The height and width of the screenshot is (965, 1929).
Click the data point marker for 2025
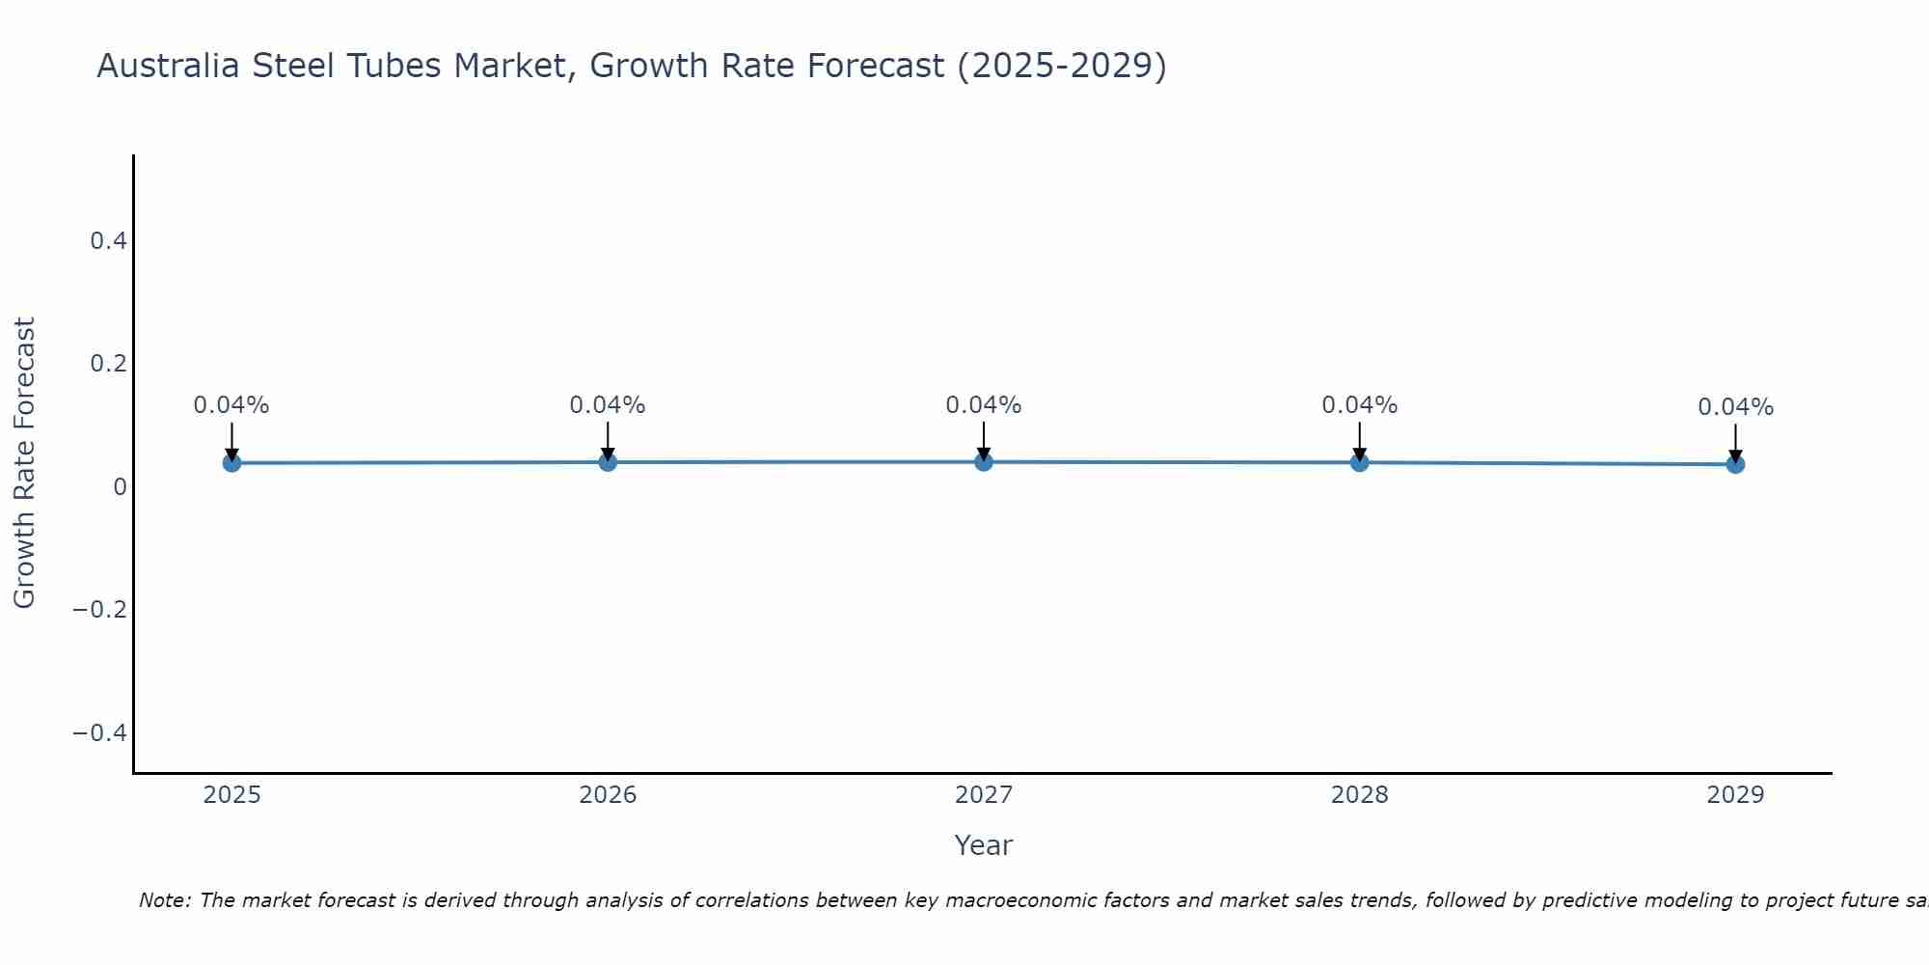(x=231, y=463)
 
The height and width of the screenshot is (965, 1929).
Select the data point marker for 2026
(x=608, y=462)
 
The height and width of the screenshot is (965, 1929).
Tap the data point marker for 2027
(x=984, y=462)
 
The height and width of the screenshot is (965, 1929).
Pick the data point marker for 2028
(x=1359, y=462)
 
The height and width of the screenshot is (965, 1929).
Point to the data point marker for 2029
(x=1735, y=464)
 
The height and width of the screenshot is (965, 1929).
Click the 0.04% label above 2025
(x=231, y=405)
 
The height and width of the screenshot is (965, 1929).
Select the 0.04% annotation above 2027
(x=984, y=405)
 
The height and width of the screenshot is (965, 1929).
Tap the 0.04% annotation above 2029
(x=1735, y=407)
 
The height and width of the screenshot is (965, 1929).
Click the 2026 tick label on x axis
(x=608, y=795)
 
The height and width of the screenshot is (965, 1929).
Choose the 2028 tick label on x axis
(x=1359, y=795)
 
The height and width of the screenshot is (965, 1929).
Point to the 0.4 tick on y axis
(x=109, y=241)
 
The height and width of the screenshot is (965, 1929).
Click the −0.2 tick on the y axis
(x=100, y=610)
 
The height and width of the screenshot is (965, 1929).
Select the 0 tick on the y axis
(x=120, y=487)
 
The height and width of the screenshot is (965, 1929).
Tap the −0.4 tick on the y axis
(x=100, y=733)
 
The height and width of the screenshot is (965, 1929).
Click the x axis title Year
(x=983, y=846)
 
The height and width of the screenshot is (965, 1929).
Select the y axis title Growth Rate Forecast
(x=24, y=463)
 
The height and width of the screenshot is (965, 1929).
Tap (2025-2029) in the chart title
(x=1061, y=67)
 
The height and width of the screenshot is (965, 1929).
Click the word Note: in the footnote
(x=165, y=901)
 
